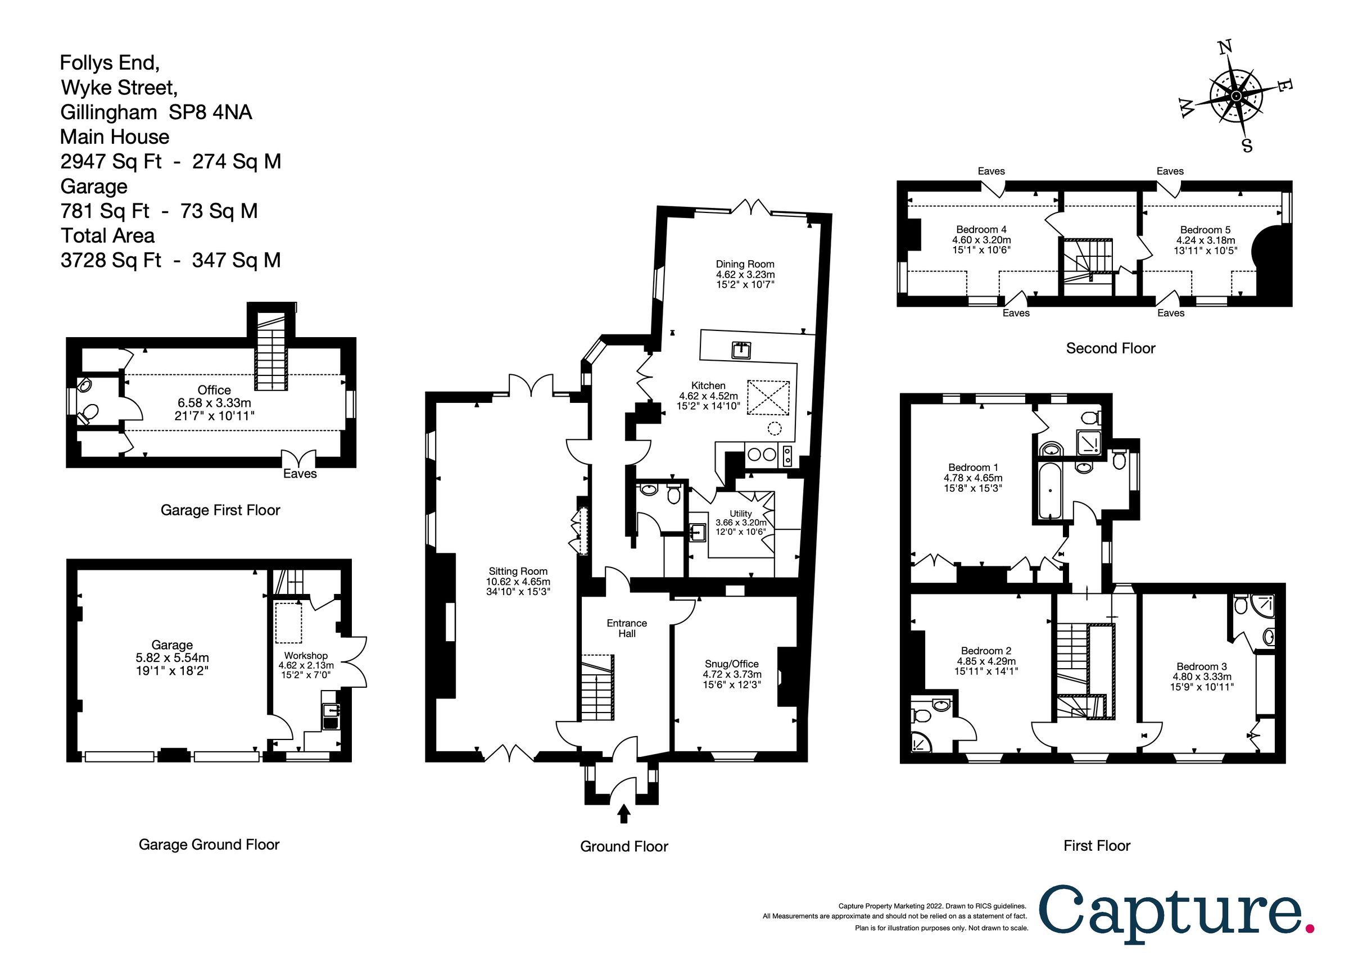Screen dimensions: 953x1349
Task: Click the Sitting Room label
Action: coord(518,571)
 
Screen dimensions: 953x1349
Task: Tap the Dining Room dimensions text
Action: coord(745,279)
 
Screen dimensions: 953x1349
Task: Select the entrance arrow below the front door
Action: coord(624,814)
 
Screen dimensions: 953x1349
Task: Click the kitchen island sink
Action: coord(740,351)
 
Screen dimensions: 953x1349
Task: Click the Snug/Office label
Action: coord(731,664)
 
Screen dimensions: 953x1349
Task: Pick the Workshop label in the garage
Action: coord(306,655)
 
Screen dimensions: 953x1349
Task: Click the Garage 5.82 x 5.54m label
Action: coord(172,657)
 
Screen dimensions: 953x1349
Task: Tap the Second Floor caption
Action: coord(1111,348)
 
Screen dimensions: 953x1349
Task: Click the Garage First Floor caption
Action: coord(220,510)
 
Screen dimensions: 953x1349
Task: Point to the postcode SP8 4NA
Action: coord(210,112)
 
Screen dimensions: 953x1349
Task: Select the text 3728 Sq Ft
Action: coord(111,260)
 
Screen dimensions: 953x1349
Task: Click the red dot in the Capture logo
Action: coord(1310,928)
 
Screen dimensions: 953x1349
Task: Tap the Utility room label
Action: coord(740,513)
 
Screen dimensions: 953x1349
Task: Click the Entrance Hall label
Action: coord(626,628)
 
